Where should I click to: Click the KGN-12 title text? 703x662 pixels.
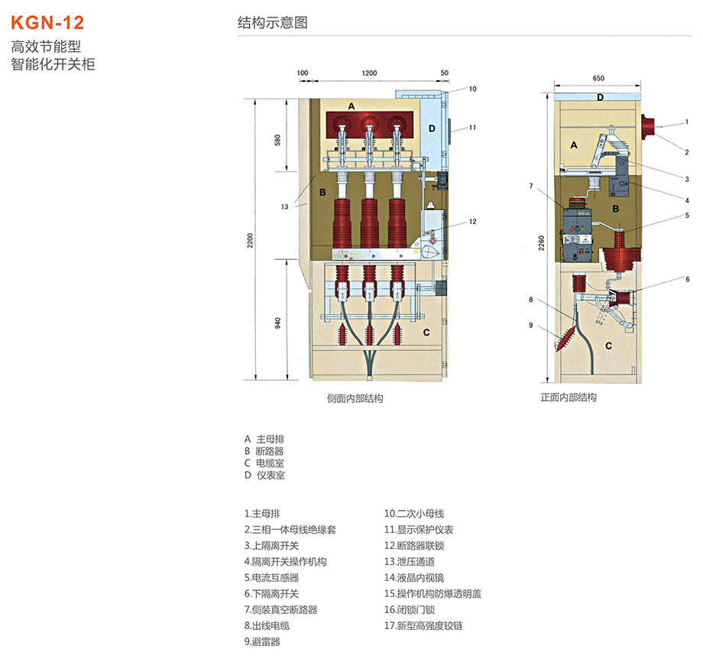pyautogui.click(x=47, y=21)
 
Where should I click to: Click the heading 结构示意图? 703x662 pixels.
pyautogui.click(x=273, y=23)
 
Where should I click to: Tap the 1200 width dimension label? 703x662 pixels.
pyautogui.click(x=369, y=73)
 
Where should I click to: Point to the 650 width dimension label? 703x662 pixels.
pyautogui.click(x=598, y=79)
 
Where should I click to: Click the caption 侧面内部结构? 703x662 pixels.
pyautogui.click(x=355, y=398)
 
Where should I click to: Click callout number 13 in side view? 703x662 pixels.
pyautogui.click(x=285, y=206)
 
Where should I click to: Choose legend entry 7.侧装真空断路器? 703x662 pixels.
pyautogui.click(x=280, y=609)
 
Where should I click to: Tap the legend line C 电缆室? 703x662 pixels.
pyautogui.click(x=264, y=463)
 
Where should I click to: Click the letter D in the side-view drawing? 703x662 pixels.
pyautogui.click(x=432, y=128)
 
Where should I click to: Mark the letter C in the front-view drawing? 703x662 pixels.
pyautogui.click(x=608, y=345)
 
